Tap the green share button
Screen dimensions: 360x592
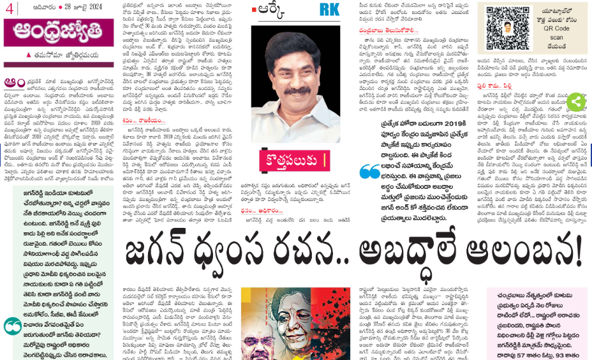tap(575, 101)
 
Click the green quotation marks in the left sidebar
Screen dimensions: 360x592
tap(11, 326)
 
